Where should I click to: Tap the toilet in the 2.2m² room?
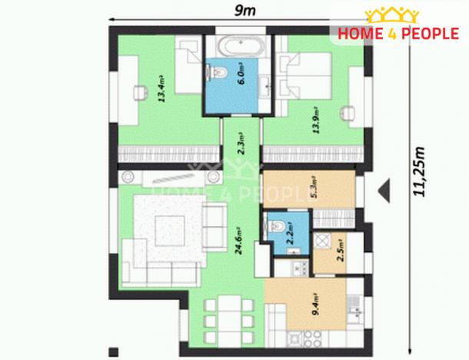[278, 226]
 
